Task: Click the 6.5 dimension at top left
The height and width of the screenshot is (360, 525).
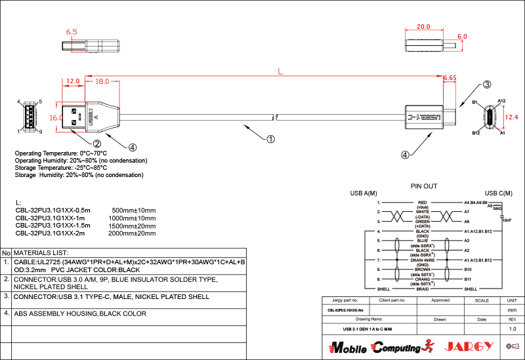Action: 72,31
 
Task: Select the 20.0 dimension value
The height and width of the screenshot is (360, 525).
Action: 423,28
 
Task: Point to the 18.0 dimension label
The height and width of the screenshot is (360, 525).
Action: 102,82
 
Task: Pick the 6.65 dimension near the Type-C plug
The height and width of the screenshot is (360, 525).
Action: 450,78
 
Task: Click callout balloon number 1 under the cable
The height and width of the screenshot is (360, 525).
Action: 270,138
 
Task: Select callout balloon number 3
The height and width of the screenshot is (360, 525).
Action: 487,85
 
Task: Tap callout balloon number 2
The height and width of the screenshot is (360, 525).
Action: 96,144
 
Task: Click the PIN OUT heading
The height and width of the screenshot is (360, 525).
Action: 423,186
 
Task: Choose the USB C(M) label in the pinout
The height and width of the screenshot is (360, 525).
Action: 499,193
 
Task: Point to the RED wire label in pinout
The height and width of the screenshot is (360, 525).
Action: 423,203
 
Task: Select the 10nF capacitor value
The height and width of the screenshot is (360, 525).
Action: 506,220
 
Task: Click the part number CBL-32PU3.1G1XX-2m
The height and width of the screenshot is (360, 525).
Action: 52,233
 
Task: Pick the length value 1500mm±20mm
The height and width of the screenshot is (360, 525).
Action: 132,225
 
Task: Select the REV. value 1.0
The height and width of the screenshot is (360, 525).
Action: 513,329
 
